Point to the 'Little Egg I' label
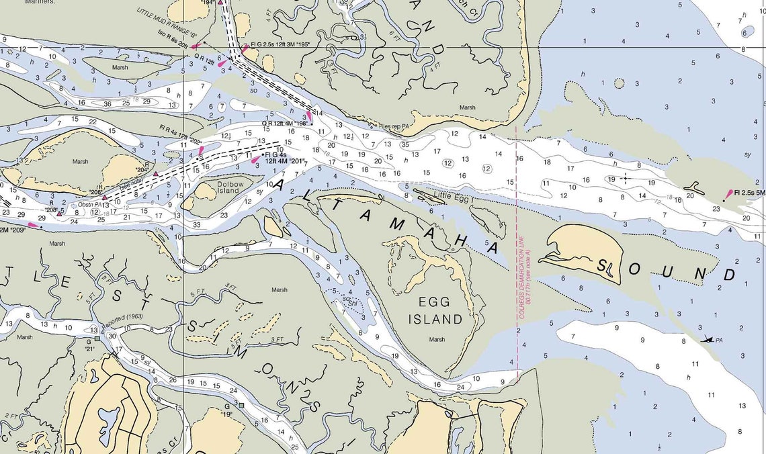(454, 196)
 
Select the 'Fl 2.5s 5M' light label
(749, 193)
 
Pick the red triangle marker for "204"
(156, 174)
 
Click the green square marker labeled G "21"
(97, 339)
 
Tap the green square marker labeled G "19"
(241, 405)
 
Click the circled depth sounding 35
(405, 144)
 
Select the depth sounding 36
(108, 103)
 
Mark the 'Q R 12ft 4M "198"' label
(285, 124)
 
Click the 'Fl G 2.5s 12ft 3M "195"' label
(286, 45)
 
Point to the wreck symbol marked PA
(706, 339)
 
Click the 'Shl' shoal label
(351, 302)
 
